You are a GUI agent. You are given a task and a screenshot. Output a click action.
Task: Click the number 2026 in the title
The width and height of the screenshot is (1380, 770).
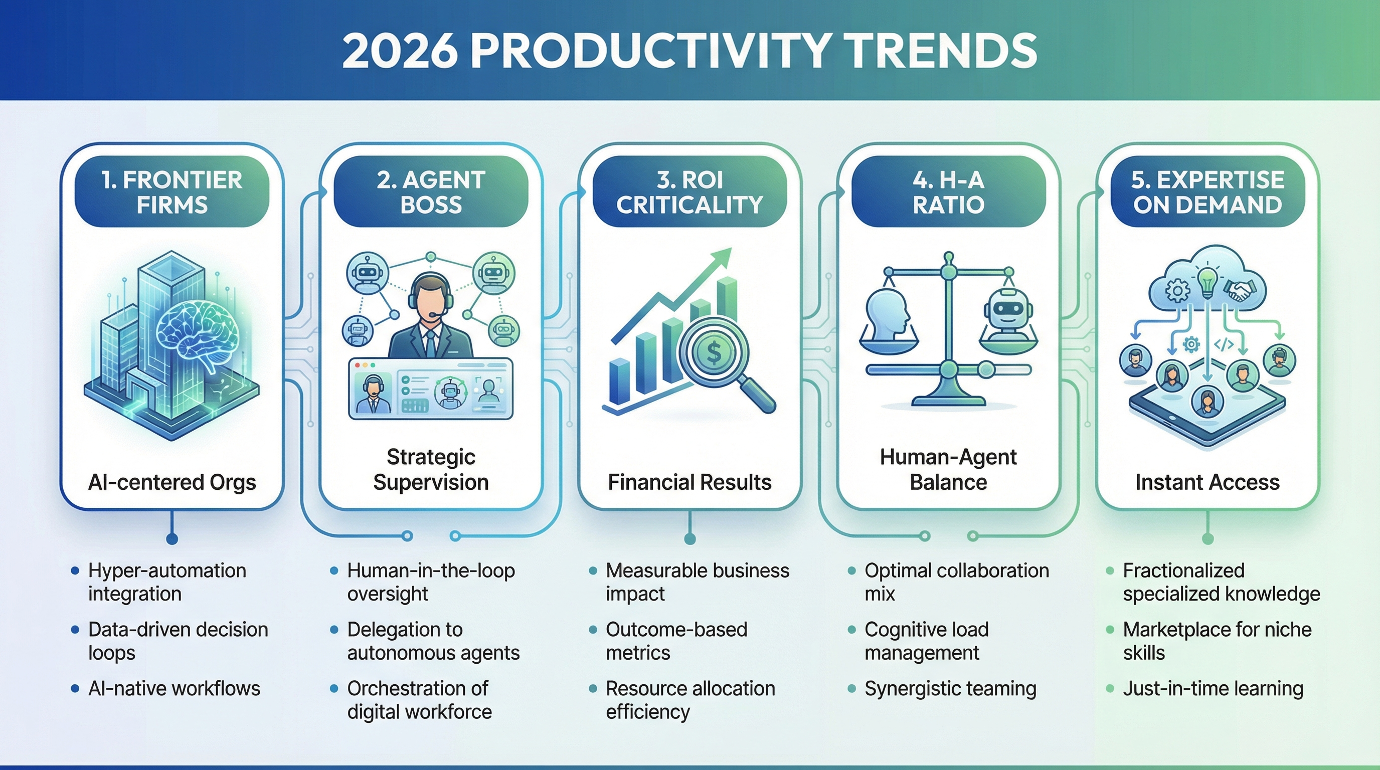pyautogui.click(x=400, y=51)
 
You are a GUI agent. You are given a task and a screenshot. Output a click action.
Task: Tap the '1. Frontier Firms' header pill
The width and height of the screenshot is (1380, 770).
pyautogui.click(x=172, y=191)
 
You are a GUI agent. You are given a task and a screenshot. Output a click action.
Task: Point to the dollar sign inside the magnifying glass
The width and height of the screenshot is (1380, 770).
pyautogui.click(x=714, y=351)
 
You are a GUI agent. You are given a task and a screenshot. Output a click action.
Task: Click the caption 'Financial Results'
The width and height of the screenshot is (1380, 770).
pyautogui.click(x=689, y=482)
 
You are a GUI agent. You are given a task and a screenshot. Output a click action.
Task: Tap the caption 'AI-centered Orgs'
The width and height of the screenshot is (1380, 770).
pyautogui.click(x=172, y=482)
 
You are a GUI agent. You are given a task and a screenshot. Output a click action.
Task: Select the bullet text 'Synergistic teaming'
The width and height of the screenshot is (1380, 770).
pyautogui.click(x=950, y=688)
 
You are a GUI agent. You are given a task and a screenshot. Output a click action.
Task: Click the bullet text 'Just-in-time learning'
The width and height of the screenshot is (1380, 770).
pyautogui.click(x=1213, y=688)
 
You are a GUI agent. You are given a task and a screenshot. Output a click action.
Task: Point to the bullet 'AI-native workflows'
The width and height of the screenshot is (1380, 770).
pyautogui.click(x=174, y=688)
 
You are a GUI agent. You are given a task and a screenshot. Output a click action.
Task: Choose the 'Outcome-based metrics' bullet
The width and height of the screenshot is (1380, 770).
pyautogui.click(x=676, y=641)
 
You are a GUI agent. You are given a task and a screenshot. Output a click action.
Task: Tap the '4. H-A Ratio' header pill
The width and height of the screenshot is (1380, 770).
pyautogui.click(x=948, y=191)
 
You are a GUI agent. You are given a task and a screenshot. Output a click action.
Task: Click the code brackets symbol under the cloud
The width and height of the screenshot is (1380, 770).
pyautogui.click(x=1223, y=344)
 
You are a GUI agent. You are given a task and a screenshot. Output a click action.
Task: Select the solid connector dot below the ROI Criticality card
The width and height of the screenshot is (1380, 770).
pyautogui.click(x=690, y=539)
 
